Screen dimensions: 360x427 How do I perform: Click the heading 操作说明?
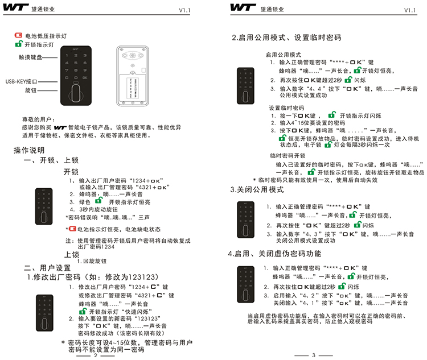tap(29, 151)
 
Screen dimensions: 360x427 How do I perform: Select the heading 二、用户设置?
tap(47, 267)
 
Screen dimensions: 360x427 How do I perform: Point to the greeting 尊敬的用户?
tap(37, 120)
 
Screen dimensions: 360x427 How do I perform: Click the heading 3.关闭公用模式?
tap(257, 189)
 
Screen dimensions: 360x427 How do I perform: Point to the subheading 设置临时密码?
tap(286, 107)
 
